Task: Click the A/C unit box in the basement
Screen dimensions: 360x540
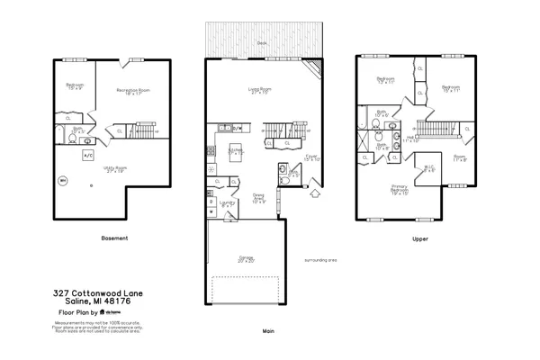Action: click(88, 155)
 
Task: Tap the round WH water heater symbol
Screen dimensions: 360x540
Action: click(63, 180)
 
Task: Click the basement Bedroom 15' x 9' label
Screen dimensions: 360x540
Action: click(74, 86)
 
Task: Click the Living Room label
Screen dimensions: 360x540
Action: click(260, 90)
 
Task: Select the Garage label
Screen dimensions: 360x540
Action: click(245, 258)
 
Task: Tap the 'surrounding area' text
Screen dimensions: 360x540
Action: click(319, 259)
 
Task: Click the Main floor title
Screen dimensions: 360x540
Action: click(267, 330)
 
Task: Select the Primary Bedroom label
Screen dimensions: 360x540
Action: click(400, 190)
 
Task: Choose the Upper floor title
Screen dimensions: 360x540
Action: click(419, 238)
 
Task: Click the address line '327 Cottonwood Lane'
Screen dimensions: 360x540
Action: click(97, 293)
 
